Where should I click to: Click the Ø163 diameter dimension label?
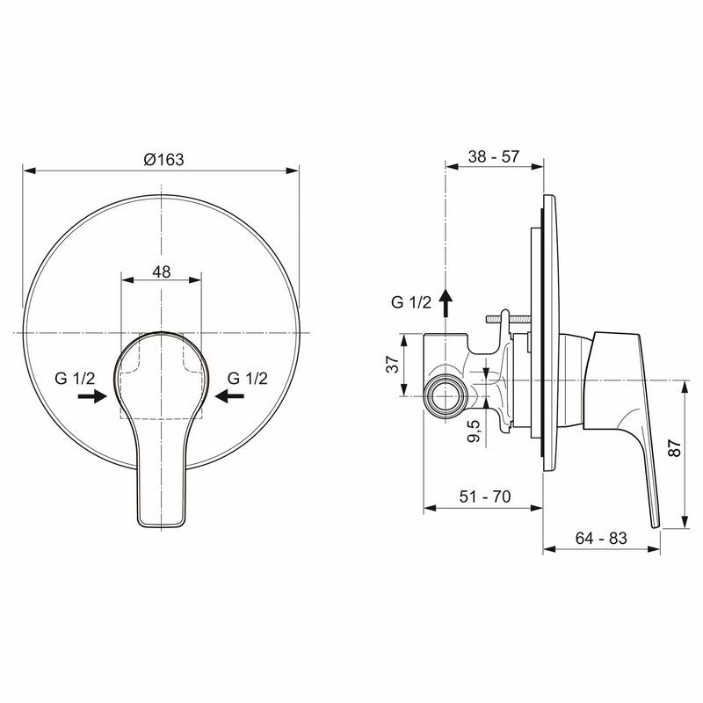(162, 159)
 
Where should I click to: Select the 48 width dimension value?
(162, 272)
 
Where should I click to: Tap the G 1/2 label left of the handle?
(81, 378)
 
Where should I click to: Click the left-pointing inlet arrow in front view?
(231, 397)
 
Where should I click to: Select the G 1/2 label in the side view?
(410, 303)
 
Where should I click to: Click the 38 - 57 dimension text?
(493, 156)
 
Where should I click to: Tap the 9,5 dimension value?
(475, 432)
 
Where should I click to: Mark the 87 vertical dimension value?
(674, 447)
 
